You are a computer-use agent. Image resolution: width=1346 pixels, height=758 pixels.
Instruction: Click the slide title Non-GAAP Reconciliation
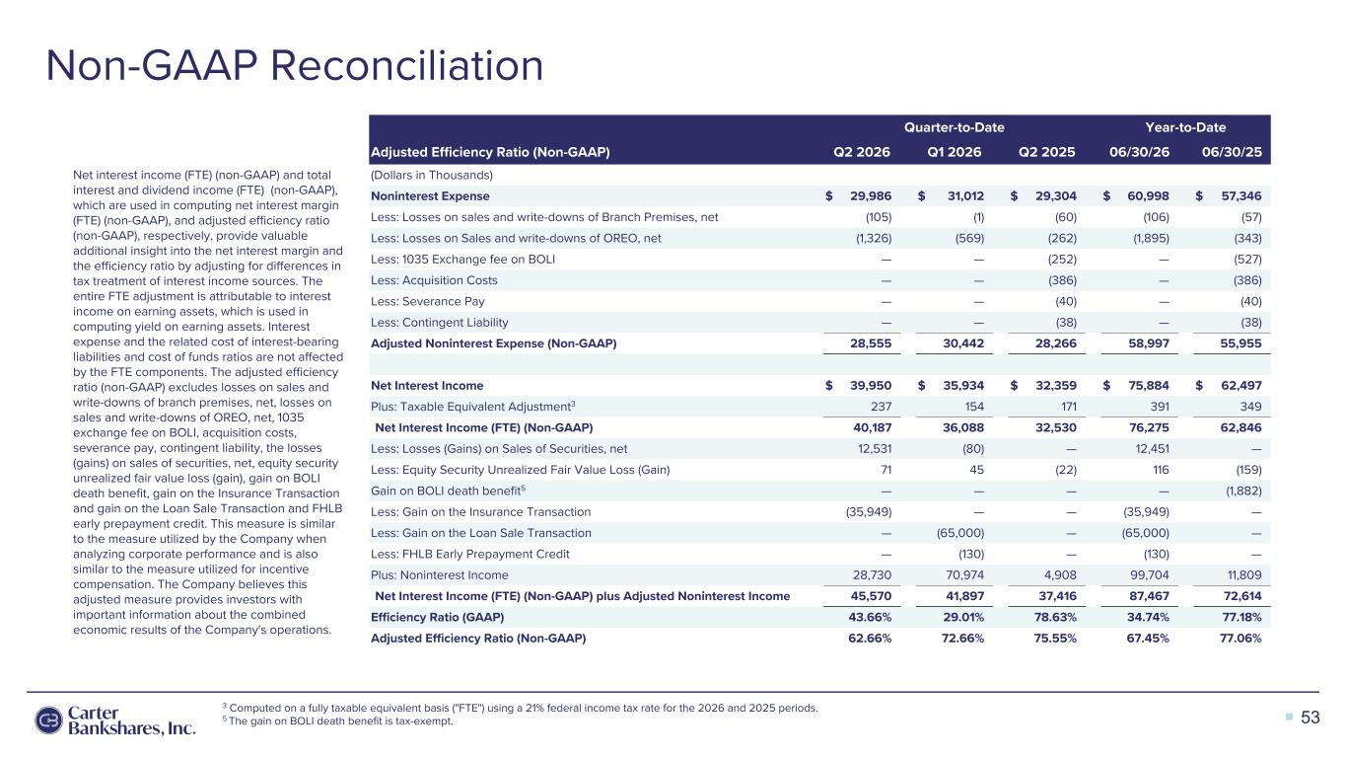point(295,65)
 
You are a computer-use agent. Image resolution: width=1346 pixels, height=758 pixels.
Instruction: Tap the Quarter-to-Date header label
point(955,127)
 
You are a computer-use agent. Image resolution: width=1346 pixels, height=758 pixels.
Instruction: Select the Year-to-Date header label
point(1185,127)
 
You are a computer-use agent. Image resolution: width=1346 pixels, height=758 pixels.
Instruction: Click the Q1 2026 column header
point(955,152)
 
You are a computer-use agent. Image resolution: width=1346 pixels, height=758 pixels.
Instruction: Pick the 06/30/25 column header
point(1232,152)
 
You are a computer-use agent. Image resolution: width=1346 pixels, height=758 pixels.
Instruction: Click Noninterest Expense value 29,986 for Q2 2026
point(871,196)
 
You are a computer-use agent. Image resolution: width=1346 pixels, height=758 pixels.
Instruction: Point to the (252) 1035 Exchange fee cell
point(1062,260)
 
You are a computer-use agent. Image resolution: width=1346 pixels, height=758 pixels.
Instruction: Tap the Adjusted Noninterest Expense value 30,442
point(963,343)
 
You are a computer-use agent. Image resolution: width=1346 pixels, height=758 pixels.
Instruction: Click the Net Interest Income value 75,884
point(1149,386)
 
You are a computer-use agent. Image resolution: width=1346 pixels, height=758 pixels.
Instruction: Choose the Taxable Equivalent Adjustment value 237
point(881,407)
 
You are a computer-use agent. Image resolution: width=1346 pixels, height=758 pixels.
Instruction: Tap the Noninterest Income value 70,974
point(965,575)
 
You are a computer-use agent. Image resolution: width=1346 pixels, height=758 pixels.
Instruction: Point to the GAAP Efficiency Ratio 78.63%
point(1055,617)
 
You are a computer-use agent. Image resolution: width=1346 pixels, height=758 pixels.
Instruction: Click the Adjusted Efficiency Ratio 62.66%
point(870,639)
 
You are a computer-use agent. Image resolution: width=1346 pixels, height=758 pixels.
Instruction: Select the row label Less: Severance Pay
point(428,301)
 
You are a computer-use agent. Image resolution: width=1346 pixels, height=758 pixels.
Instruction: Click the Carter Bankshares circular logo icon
point(48,720)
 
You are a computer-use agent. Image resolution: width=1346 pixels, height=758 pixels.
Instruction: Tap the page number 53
point(1310,718)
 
